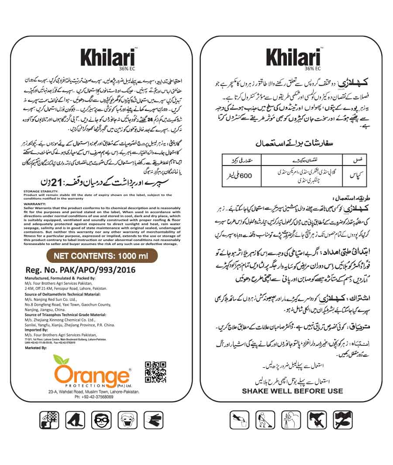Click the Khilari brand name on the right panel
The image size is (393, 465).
point(293,57)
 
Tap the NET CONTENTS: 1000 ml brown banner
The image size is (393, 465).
point(101,256)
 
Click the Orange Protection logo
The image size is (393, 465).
point(92,374)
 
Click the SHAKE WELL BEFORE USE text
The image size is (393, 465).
point(293,391)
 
